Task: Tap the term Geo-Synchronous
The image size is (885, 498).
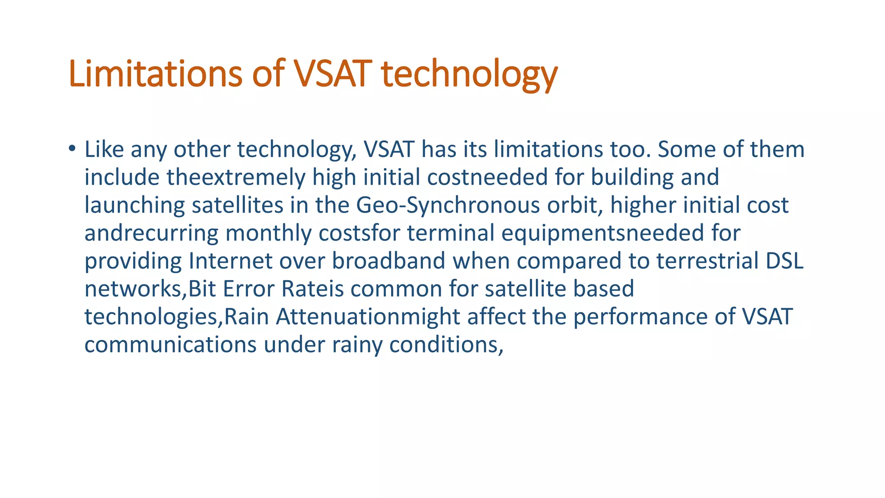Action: (x=448, y=205)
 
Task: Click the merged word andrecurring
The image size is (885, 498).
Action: (x=151, y=233)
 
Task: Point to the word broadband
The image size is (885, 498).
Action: (x=388, y=261)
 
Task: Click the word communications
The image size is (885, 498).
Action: (x=170, y=345)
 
